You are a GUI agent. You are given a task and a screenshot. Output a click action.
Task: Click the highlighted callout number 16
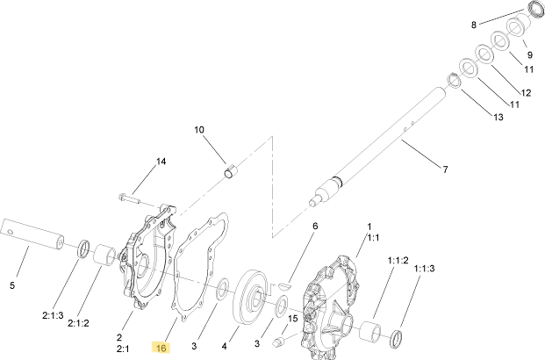(161, 348)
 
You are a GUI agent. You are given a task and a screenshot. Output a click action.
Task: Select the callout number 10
(199, 130)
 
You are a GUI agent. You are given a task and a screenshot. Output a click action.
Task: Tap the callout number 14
(161, 162)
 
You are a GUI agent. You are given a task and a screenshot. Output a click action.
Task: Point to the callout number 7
(445, 169)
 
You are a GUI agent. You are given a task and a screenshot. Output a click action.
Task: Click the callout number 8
(473, 25)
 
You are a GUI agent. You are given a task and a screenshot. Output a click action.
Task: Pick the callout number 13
(498, 117)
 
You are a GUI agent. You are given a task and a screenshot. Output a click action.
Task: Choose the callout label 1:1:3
(424, 269)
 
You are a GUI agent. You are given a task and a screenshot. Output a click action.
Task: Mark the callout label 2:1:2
(78, 323)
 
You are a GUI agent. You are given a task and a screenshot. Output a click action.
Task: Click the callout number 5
(12, 285)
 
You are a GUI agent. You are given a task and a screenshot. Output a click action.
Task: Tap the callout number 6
(315, 226)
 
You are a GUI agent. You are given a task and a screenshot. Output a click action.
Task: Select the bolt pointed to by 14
(129, 198)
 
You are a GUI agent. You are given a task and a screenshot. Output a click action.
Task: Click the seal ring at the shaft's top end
(536, 9)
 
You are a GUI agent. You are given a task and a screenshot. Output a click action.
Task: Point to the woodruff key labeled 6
(284, 286)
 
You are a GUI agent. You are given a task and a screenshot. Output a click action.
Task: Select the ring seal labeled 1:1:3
(397, 339)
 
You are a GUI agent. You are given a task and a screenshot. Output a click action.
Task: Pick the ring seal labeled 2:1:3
(83, 249)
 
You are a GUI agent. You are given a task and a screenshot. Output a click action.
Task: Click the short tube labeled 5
(32, 234)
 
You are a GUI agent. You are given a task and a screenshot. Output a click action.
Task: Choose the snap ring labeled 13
(454, 81)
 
